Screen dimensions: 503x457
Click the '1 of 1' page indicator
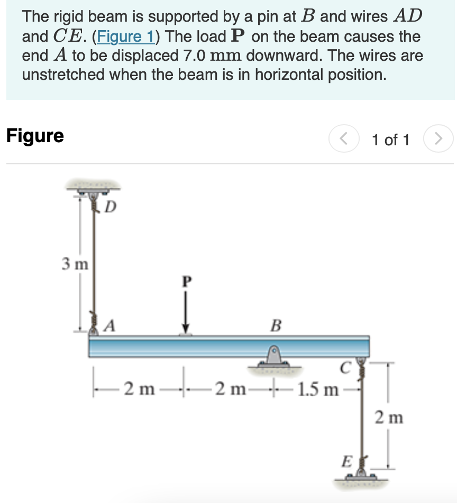click(x=390, y=140)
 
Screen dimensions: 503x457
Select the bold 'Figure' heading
click(x=35, y=136)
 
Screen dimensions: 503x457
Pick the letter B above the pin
click(x=275, y=324)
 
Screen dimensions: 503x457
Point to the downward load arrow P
click(x=185, y=312)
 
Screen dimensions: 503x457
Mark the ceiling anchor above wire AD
click(x=93, y=188)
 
